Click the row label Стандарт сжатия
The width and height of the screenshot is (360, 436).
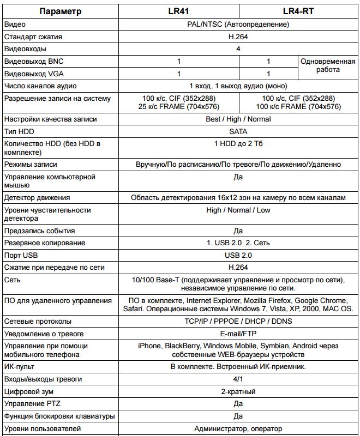click(x=33, y=37)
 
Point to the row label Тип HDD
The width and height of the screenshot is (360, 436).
click(x=19, y=131)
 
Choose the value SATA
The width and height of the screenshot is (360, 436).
click(x=238, y=131)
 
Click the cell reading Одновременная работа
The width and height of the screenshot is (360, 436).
click(x=327, y=65)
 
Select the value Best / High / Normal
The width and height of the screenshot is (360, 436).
click(x=238, y=119)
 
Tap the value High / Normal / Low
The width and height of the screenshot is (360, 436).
click(x=238, y=210)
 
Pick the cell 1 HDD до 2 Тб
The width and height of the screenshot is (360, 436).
click(x=238, y=143)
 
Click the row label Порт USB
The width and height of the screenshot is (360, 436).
click(x=22, y=255)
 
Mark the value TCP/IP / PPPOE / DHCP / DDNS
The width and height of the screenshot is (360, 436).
click(x=238, y=321)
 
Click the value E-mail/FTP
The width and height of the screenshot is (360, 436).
click(x=238, y=334)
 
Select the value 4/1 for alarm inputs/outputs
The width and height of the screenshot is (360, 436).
click(x=238, y=379)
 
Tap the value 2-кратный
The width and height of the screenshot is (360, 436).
click(x=238, y=391)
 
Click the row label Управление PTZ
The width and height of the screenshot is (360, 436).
click(x=32, y=404)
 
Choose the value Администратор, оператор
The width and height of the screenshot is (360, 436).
click(x=238, y=429)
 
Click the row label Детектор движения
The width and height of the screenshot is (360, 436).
click(x=37, y=198)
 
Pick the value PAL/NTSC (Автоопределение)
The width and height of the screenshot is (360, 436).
click(x=238, y=25)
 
